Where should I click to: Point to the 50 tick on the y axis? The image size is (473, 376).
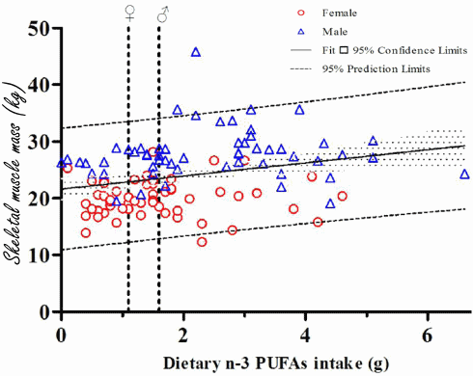tap(39, 29)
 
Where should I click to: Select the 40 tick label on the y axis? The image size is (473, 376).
tap(39, 86)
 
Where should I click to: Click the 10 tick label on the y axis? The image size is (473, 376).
tap(39, 255)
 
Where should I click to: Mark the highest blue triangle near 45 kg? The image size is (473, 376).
tap(196, 52)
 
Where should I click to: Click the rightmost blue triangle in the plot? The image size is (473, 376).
tap(464, 175)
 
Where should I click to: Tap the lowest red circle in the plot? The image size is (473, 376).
tap(202, 242)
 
